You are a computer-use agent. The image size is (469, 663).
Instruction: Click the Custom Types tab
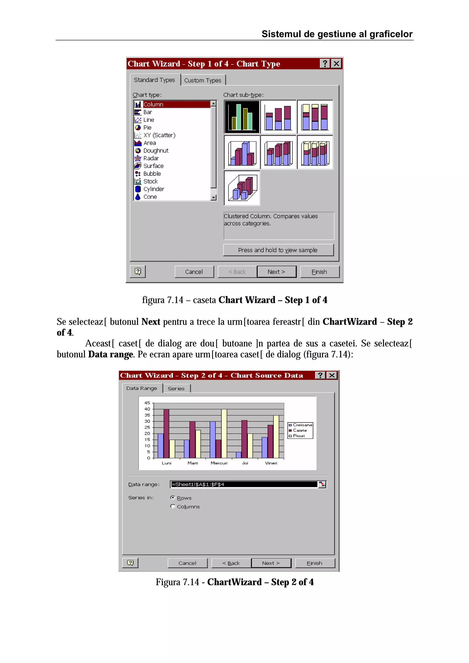point(203,80)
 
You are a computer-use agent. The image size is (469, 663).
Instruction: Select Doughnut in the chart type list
point(155,151)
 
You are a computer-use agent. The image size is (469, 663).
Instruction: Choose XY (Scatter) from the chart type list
point(159,135)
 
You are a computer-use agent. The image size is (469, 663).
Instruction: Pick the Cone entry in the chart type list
point(150,197)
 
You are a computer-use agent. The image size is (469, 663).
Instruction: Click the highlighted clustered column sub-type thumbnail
point(242,117)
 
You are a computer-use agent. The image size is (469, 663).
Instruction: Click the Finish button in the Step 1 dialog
point(319,272)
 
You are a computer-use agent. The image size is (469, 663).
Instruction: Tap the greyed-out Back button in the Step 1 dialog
point(237,272)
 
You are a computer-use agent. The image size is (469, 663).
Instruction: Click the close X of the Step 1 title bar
point(336,64)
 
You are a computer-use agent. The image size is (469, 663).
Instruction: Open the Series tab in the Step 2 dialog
point(176,389)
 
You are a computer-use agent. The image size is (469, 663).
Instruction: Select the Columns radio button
point(173,506)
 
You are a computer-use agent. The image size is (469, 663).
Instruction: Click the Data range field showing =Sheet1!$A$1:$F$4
point(244,484)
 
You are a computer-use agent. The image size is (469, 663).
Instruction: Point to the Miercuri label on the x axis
point(219,463)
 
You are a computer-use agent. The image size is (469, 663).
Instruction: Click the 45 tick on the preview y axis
point(147,403)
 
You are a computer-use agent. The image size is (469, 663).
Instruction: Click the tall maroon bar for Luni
point(166,433)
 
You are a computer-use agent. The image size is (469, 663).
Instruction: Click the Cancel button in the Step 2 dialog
point(187,563)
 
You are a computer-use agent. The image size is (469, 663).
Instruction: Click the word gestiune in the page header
point(336,34)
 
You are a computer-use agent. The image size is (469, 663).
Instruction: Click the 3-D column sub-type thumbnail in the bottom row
point(242,188)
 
